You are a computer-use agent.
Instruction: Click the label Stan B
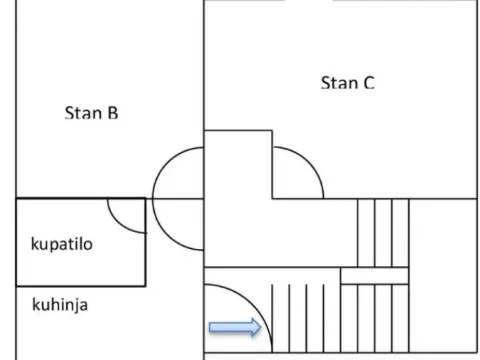pos(92,113)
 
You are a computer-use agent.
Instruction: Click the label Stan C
pos(347,82)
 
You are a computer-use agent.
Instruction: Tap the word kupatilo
pos(61,243)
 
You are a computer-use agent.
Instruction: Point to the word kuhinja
pos(59,303)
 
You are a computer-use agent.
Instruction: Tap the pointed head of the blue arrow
pos(255,326)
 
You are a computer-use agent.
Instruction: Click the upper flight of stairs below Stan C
pos(383,232)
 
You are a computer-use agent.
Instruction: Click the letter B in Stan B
pos(113,113)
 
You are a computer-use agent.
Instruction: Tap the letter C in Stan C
pos(368,82)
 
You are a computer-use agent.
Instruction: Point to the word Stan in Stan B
pos(83,113)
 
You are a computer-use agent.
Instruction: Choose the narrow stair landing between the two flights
pos(375,276)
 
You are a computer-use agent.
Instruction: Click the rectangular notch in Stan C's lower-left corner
pos(238,164)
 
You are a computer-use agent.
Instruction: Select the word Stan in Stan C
pos(338,82)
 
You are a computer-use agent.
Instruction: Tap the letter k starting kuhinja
pos(35,303)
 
